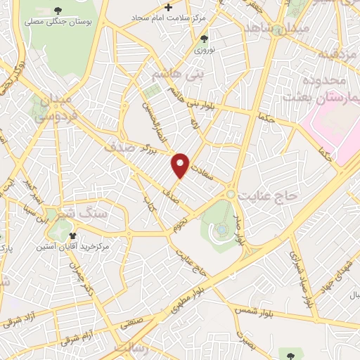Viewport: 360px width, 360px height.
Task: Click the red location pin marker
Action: [x=181, y=165]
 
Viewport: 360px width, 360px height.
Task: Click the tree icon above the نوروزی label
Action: [x=204, y=39]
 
